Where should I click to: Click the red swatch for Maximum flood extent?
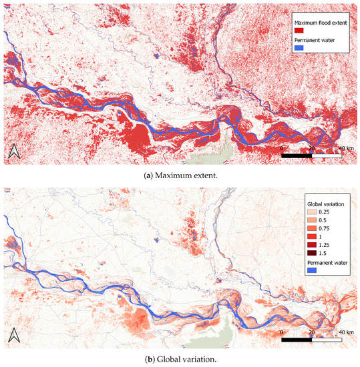pos(300,31)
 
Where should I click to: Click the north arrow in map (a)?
pos(14,153)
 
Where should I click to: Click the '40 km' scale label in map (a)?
pos(346,147)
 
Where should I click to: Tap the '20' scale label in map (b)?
pos(311,332)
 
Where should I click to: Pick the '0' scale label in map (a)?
pos(282,147)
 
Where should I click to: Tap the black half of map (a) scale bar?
pos(297,155)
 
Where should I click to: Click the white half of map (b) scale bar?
pos(327,339)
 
